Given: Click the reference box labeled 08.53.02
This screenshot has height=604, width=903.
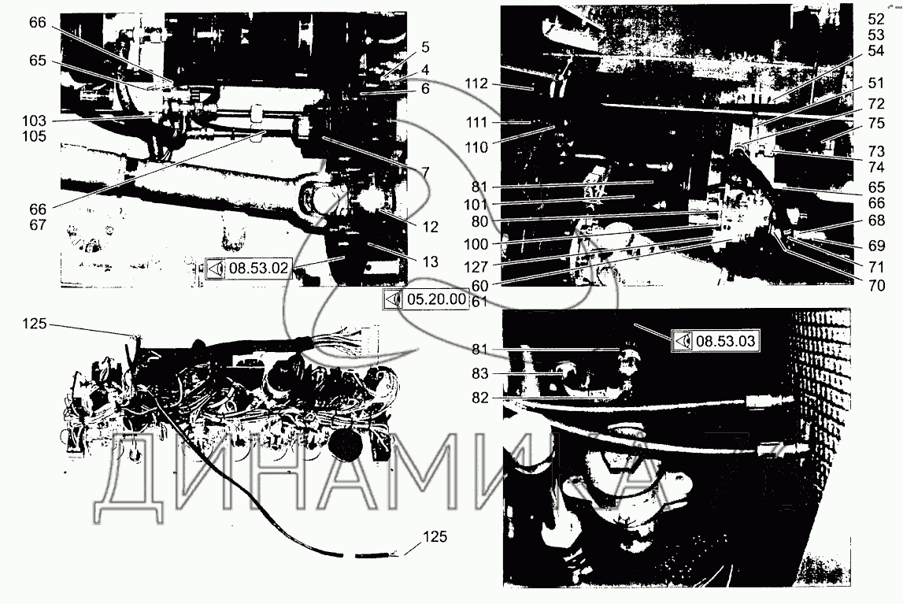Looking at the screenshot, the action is (248, 269).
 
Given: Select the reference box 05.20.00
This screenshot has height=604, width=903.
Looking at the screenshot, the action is (426, 299).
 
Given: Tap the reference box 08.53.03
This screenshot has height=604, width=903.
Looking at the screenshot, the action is (716, 341).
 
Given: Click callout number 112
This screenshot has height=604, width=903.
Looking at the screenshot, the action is (476, 84).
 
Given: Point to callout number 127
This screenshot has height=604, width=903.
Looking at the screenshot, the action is (476, 267).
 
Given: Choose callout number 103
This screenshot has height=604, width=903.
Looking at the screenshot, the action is (34, 121).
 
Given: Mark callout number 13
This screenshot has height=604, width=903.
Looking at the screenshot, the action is (430, 262).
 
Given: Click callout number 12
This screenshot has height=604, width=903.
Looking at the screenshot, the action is (430, 228).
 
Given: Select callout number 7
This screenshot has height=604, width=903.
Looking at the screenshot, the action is (425, 172).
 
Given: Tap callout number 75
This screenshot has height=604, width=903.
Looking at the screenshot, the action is (876, 123).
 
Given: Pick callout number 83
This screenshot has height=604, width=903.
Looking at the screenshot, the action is (479, 374).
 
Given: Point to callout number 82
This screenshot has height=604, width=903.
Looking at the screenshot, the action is (479, 398).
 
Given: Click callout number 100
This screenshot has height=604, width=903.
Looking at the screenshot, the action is (476, 245).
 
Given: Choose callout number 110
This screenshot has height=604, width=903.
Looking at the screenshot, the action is (476, 148).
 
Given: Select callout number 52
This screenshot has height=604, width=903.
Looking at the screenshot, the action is (876, 20).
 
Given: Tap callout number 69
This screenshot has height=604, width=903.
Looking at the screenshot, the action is (876, 246).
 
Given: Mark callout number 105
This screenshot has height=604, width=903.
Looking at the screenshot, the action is (34, 136).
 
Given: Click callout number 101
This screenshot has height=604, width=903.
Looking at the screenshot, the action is (476, 205).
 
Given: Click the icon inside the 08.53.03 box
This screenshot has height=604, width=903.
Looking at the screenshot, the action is (683, 341).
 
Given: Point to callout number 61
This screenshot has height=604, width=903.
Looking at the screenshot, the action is (479, 302).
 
